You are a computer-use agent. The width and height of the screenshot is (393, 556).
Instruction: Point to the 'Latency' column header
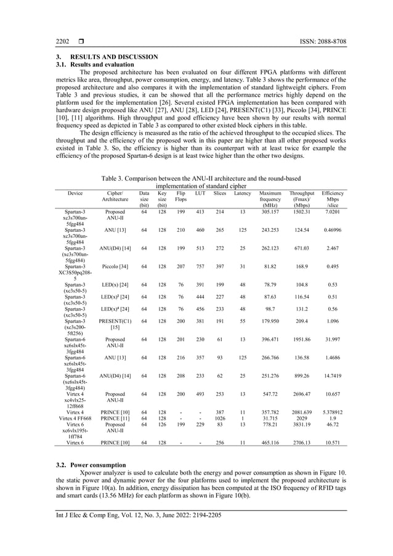coord(243,194)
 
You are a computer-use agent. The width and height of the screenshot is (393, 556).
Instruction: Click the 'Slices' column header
coord(219,194)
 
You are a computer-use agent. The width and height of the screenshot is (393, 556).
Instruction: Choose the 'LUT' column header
coord(200,194)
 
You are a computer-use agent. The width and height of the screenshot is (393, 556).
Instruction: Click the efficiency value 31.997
coord(333,340)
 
